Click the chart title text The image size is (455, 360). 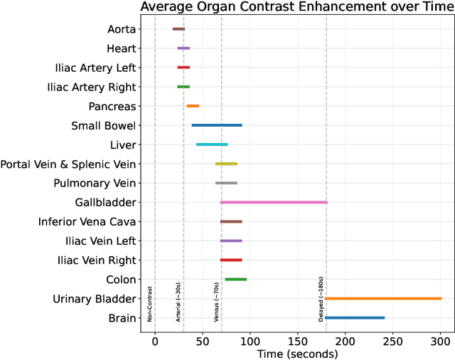pos(297,7)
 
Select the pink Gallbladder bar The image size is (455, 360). pos(274,202)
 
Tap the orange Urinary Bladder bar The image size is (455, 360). pos(383,298)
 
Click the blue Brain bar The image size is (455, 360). pos(355,317)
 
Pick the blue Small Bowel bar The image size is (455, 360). pos(217,125)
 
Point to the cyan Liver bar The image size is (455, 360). pos(212,144)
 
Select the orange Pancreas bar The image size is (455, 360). pos(193,106)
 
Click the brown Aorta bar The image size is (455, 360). pos(178,29)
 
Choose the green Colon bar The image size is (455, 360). pos(235,279)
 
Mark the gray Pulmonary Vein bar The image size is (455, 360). pos(226,183)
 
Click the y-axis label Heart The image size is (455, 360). pos(121,48)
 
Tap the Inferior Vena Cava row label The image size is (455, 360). pos(87,221)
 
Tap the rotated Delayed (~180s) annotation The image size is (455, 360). pos(321,300)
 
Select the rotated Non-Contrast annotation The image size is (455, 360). pos(150,304)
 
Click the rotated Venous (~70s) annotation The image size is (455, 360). pos(217,302)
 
